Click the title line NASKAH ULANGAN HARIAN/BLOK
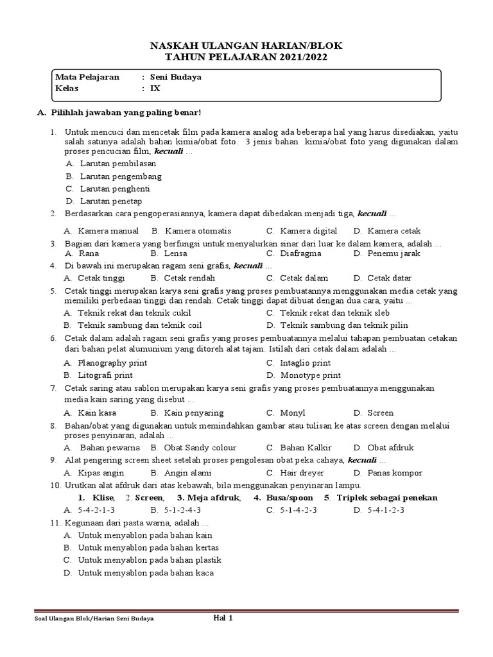[246, 46]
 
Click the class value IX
[155, 89]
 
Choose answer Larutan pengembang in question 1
[121, 176]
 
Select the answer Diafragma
[300, 253]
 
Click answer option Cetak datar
[389, 278]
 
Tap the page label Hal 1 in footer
[222, 619]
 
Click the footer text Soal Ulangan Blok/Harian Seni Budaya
[94, 619]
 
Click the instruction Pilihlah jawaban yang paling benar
[125, 113]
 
